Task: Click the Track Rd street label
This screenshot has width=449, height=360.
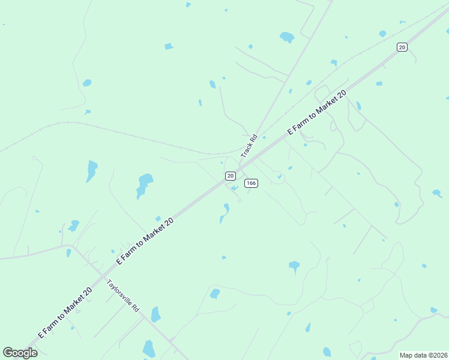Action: tap(249, 146)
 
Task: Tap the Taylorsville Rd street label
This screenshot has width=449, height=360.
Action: tap(123, 295)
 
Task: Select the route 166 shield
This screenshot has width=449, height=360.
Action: tap(252, 183)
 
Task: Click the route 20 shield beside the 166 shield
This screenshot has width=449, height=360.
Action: tap(230, 175)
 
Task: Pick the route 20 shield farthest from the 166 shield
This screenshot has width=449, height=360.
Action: tap(402, 47)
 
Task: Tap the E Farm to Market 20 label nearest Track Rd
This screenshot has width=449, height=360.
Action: tap(318, 112)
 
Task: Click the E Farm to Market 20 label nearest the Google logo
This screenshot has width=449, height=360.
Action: tap(65, 312)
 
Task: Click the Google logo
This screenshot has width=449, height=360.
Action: tap(20, 352)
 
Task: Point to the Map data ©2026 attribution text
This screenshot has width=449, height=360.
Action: tap(423, 355)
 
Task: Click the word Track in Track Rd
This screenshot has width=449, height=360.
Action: tap(247, 149)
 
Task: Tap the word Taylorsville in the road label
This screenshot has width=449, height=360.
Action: tap(119, 292)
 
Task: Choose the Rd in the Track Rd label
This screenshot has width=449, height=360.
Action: tap(254, 138)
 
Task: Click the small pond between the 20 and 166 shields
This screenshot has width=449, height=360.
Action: tap(235, 188)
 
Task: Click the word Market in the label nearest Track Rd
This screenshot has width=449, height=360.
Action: tap(327, 104)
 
